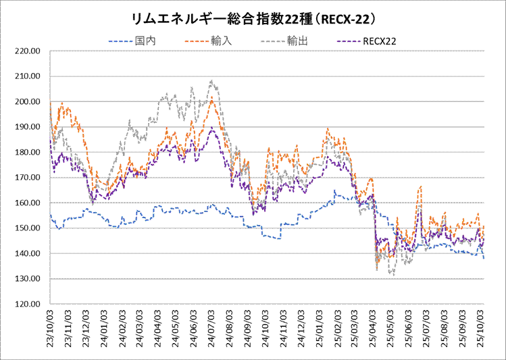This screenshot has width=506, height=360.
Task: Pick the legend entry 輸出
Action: coord(298,41)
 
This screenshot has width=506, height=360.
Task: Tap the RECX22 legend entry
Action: coord(379,41)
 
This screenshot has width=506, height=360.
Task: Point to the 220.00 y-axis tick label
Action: coord(29,51)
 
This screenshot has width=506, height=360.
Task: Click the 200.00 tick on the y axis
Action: coord(29,102)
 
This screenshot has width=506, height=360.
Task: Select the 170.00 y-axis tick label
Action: coord(29,178)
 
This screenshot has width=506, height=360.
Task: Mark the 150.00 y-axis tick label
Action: coord(29,228)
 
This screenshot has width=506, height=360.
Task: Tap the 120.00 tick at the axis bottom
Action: coord(29,304)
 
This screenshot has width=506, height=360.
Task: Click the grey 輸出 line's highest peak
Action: coord(212,81)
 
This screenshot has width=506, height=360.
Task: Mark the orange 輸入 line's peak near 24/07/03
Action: coord(212,97)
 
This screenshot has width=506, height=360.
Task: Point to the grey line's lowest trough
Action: coord(393,275)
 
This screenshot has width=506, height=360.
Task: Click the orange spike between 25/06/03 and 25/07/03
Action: coord(421,186)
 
